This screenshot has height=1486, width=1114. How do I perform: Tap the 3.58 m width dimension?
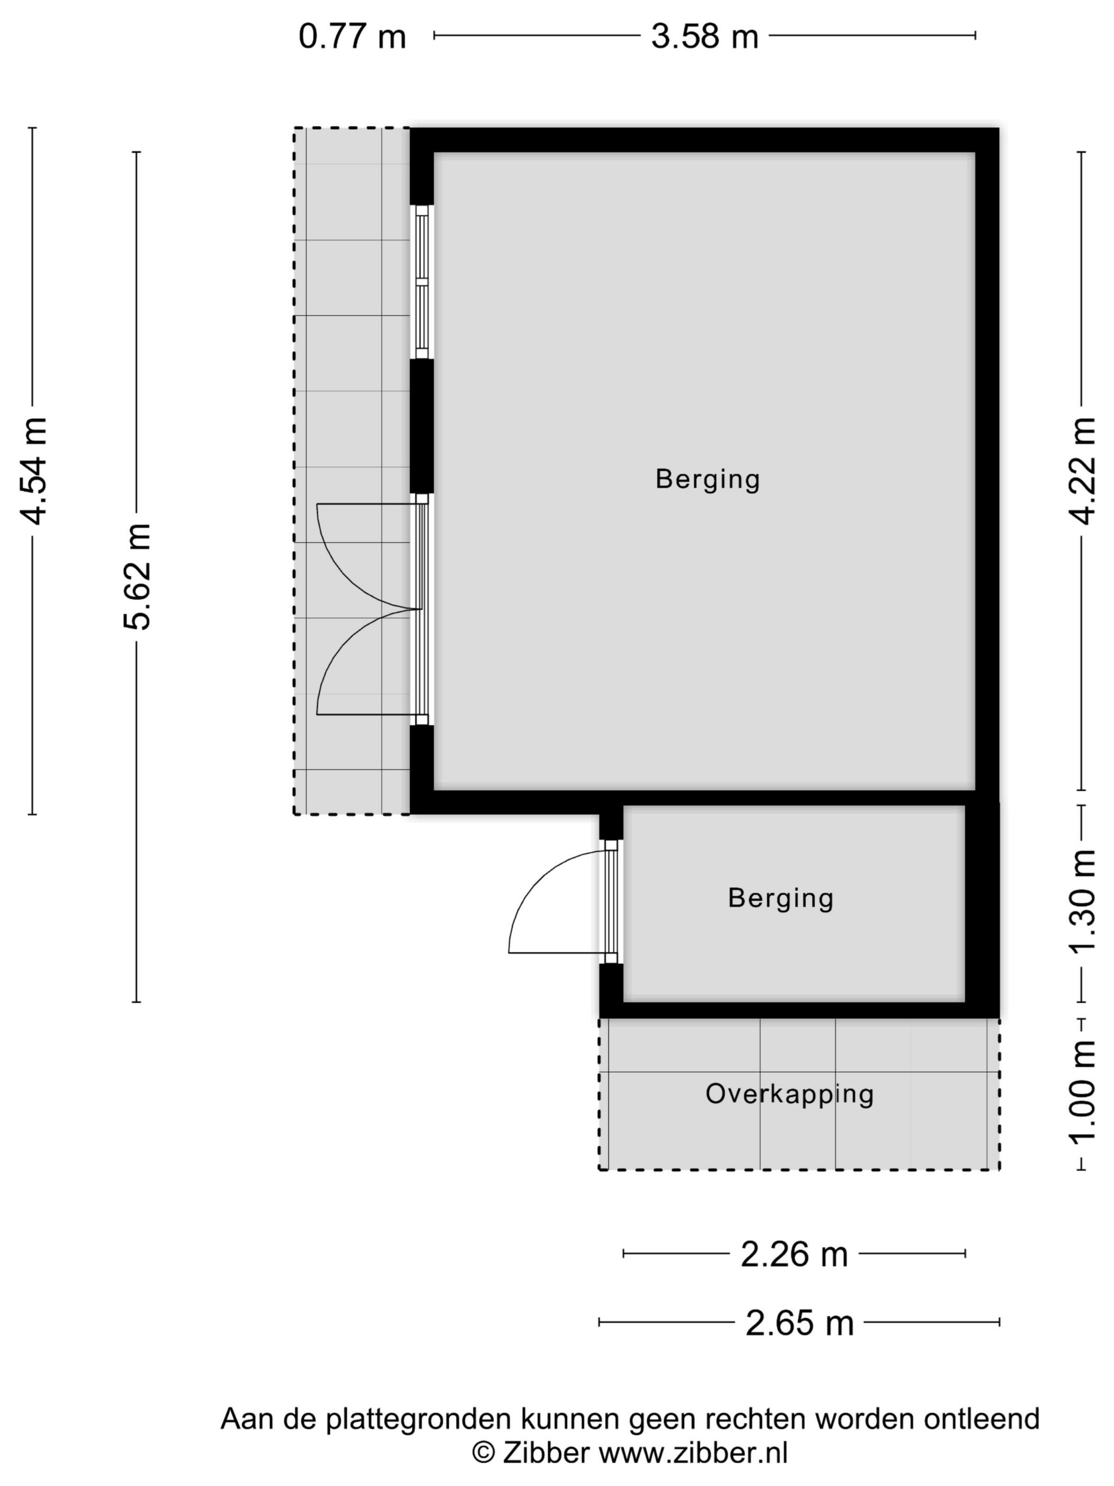[x=704, y=36]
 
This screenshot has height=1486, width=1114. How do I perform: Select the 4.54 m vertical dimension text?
[x=33, y=470]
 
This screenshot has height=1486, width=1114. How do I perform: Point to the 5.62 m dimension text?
[x=137, y=576]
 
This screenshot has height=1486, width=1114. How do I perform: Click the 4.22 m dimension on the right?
[x=1082, y=470]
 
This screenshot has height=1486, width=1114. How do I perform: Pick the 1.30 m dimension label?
[x=1082, y=902]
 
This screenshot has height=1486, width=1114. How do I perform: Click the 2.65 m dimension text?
[x=799, y=1324]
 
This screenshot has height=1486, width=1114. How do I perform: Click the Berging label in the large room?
[x=707, y=480]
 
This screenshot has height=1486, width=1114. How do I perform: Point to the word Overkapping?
[x=789, y=1094]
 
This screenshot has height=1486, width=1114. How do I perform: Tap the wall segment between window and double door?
[x=422, y=427]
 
